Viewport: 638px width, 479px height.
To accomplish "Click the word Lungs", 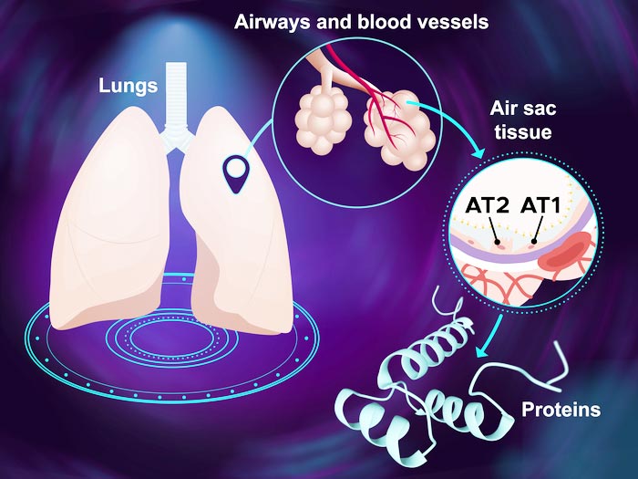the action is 129,87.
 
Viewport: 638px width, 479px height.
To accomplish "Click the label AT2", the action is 487,205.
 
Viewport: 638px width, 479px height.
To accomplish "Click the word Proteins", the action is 561,410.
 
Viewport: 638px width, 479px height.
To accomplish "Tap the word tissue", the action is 523,132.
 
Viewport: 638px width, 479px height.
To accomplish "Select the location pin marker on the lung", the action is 235,174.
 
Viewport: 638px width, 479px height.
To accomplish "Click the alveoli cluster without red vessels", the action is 323,122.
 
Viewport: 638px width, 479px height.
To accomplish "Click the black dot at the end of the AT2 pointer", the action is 498,243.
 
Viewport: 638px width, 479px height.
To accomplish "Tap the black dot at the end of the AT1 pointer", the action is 534,242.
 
